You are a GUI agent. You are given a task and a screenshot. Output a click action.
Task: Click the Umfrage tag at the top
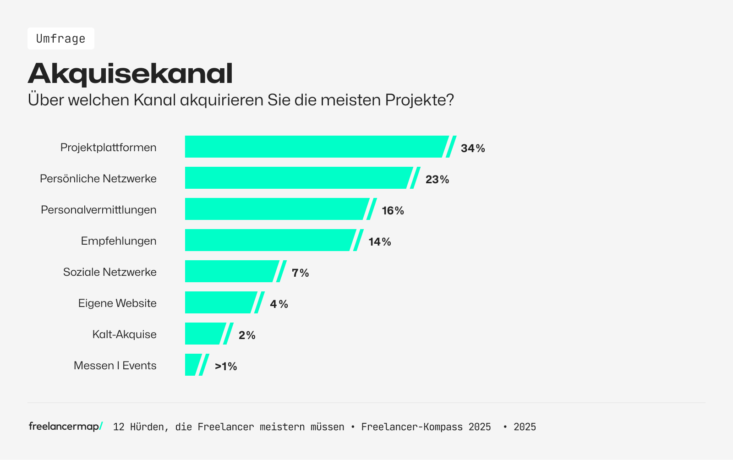60,38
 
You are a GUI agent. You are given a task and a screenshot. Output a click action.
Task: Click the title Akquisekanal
130,73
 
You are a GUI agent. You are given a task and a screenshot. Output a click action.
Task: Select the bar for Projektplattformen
316,147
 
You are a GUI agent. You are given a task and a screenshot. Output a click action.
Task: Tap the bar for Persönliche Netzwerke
298,178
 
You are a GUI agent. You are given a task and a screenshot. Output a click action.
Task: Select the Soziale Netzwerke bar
231,271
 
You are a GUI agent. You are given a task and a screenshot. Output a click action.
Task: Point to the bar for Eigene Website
220,302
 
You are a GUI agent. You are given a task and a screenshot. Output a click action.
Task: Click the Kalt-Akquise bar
204,334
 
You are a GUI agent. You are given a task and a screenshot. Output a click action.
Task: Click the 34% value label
473,148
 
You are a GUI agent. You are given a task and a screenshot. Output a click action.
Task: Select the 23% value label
437,179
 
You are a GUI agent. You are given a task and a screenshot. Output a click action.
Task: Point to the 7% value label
300,273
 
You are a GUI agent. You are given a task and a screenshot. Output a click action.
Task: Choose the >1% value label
226,366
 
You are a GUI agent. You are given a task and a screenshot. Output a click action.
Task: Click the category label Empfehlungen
119,241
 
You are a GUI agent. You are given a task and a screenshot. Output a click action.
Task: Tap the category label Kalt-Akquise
124,334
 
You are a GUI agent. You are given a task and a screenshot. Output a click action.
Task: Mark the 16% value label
393,210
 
